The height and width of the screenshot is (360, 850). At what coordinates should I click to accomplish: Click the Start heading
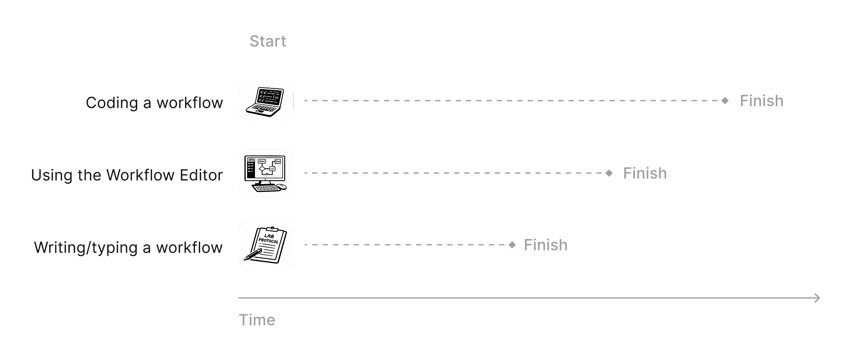point(268,41)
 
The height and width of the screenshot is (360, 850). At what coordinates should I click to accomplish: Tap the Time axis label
point(257,320)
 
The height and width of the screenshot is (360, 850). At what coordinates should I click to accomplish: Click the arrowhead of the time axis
point(817,298)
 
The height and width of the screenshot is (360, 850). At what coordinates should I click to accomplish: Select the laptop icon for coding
point(266,101)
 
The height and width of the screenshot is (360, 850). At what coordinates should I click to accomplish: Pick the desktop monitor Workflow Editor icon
point(266,174)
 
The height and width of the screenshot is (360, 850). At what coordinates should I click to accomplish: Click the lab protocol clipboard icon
point(266,245)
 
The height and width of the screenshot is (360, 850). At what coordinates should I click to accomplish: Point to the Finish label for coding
point(761,101)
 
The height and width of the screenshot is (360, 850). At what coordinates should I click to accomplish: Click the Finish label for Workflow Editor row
point(645,173)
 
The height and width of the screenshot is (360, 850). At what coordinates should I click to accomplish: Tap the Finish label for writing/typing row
point(545,245)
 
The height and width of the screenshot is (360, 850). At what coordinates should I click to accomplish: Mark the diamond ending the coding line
point(725,101)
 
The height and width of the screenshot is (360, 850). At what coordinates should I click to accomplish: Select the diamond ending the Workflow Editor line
point(609,173)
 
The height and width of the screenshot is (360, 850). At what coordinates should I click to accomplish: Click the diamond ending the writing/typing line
point(512,245)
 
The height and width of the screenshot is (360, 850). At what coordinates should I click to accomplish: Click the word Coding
point(111,103)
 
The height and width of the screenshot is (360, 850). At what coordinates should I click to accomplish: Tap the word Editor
point(201,175)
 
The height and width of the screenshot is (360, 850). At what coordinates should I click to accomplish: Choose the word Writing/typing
point(86,248)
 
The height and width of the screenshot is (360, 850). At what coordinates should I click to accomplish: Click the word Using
point(51,175)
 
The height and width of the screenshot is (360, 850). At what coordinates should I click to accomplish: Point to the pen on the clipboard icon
point(252,255)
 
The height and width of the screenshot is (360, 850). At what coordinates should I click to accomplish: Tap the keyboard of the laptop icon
point(262,110)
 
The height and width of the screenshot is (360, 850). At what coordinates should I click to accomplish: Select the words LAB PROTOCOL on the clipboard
point(269,239)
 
